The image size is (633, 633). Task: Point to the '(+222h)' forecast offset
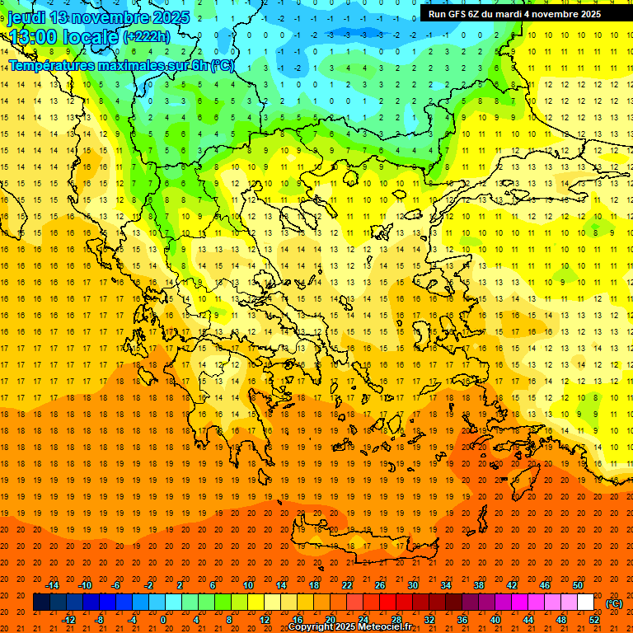pos(146,36)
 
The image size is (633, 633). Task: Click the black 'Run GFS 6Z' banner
pos(514,13)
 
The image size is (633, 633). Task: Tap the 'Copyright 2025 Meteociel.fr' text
pos(349,627)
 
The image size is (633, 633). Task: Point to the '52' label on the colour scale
pos(594,620)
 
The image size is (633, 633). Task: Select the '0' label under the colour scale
pos(163,620)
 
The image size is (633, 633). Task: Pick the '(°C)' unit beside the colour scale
pos(614,604)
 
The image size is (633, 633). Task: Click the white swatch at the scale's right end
pos(585,603)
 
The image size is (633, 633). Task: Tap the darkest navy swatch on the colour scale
pos(41,603)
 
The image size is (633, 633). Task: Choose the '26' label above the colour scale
pos(380,585)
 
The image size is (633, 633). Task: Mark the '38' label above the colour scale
pos(479,585)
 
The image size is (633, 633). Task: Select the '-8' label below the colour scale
pos(99,620)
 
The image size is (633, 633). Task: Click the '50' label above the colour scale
pos(578,585)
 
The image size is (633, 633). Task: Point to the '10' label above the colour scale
pos(248,585)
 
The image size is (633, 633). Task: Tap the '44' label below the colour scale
pos(528,620)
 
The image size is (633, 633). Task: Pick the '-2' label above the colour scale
pos(148,585)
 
